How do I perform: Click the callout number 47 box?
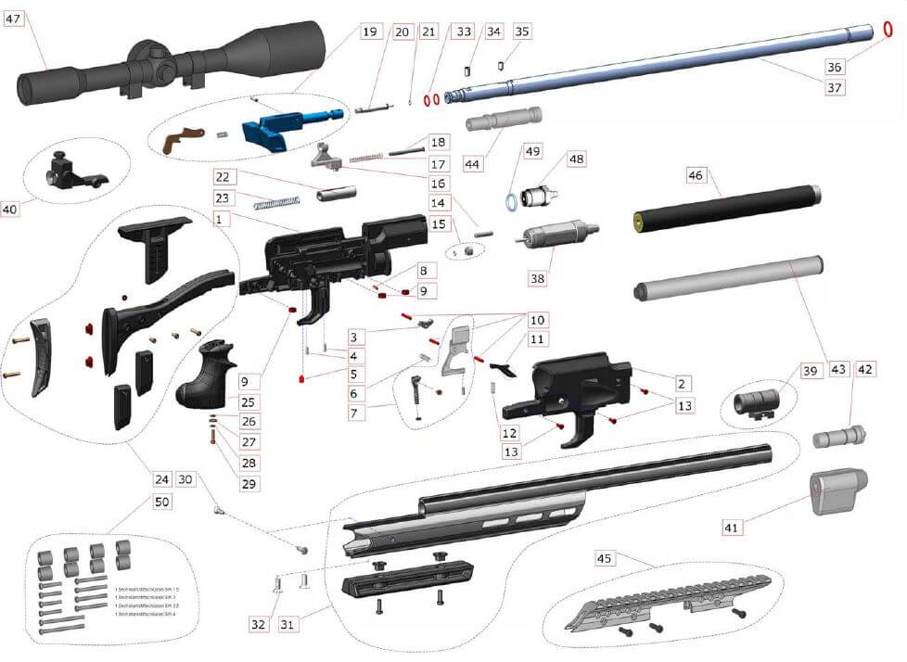click(x=16, y=19)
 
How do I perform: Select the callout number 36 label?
click(x=834, y=66)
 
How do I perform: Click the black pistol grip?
click(x=205, y=375)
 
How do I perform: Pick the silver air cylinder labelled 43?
click(x=727, y=279)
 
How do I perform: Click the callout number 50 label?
click(x=162, y=503)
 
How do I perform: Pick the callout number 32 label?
click(x=257, y=624)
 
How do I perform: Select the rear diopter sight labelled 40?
click(x=70, y=172)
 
